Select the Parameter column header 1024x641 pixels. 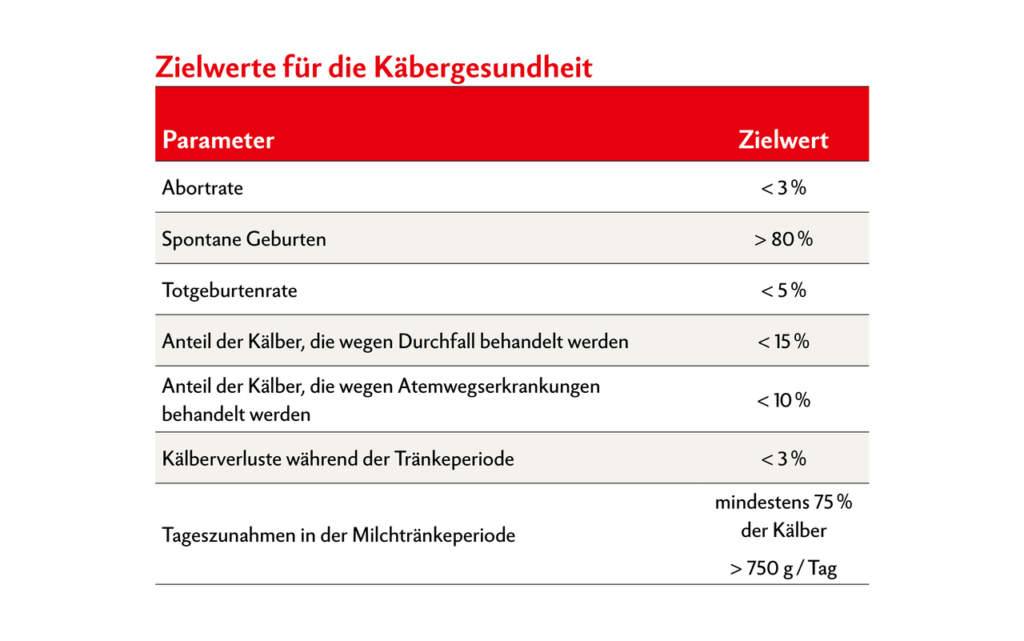(x=218, y=140)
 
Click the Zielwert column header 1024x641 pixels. (x=783, y=140)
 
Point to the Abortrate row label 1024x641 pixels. (x=202, y=188)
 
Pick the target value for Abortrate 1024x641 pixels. (x=783, y=188)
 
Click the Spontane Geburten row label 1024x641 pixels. (x=244, y=239)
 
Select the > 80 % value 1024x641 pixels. (x=783, y=239)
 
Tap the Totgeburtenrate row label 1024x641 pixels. (x=230, y=290)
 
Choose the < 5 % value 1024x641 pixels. (x=783, y=290)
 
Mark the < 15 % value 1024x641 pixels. (x=783, y=342)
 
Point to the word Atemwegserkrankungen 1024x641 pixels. (x=498, y=387)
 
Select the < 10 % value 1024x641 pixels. (x=783, y=400)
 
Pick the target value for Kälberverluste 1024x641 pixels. (x=783, y=459)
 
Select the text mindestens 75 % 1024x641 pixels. (x=783, y=503)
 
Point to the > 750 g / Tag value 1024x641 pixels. (x=783, y=570)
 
